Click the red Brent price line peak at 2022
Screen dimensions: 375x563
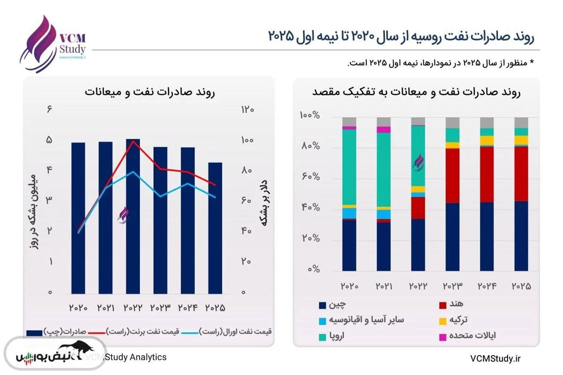(133, 141)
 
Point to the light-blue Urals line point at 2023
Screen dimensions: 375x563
(160, 196)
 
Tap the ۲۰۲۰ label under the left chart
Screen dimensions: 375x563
(78, 308)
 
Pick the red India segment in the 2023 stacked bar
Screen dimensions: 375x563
(453, 176)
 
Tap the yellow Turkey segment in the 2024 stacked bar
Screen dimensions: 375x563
(487, 140)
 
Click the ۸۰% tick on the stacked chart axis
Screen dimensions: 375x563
(311, 147)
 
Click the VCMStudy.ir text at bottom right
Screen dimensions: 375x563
(496, 358)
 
